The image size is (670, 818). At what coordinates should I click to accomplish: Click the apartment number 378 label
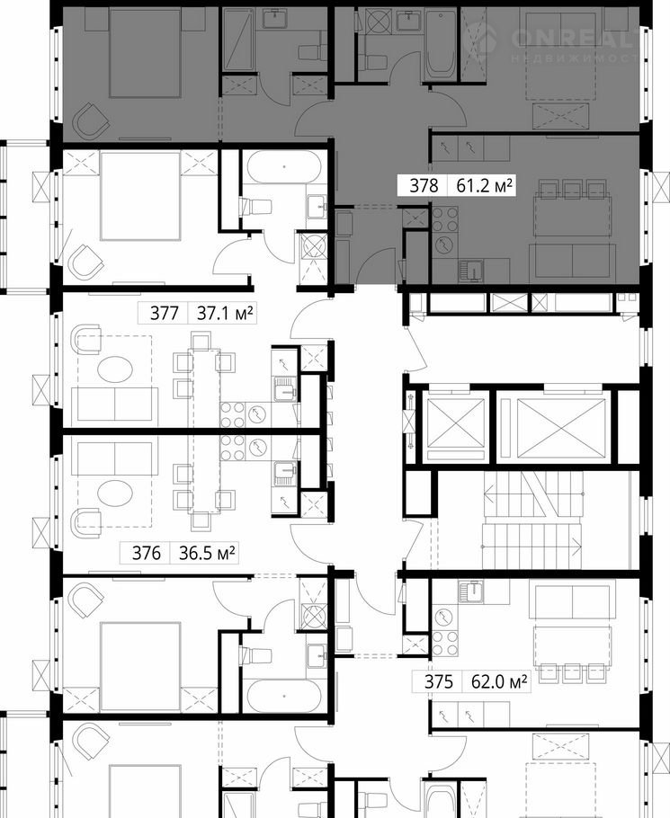coord(424,186)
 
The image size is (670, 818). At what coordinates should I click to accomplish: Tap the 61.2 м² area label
coord(484,186)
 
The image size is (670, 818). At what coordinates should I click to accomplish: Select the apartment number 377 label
coord(165,313)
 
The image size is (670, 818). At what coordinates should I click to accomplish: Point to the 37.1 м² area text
coord(225,313)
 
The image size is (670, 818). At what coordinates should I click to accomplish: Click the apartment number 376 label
coord(146,553)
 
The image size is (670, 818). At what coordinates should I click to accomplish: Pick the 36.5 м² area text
coord(207,553)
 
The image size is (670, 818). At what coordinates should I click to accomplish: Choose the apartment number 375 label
coord(438,682)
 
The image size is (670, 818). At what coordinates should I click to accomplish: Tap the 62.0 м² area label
coord(499,682)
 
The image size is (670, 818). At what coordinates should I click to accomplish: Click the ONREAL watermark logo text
coord(574,38)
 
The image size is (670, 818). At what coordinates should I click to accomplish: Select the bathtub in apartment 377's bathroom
coord(284,167)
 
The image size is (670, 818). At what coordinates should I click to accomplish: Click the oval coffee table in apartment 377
coord(115,369)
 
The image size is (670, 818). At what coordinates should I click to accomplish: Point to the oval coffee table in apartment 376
coord(115,493)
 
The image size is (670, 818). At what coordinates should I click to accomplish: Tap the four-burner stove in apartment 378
coord(445,219)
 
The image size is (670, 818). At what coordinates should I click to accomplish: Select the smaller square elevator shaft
coord(456,422)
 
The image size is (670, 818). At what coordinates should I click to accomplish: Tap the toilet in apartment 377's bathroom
coord(256,207)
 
